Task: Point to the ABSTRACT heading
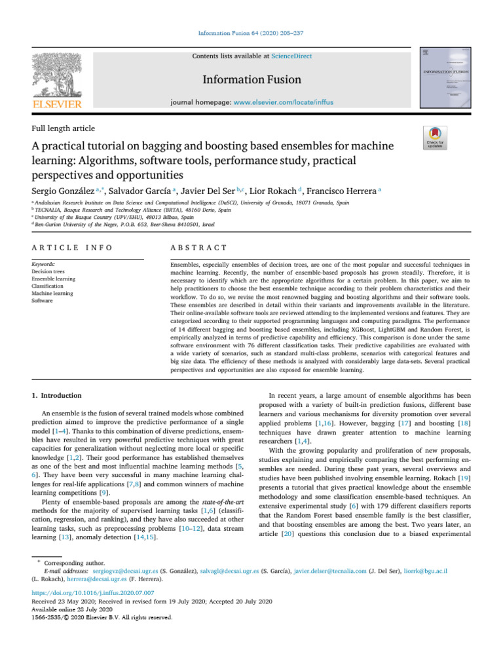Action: point(198,248)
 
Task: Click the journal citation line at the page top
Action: point(251,33)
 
